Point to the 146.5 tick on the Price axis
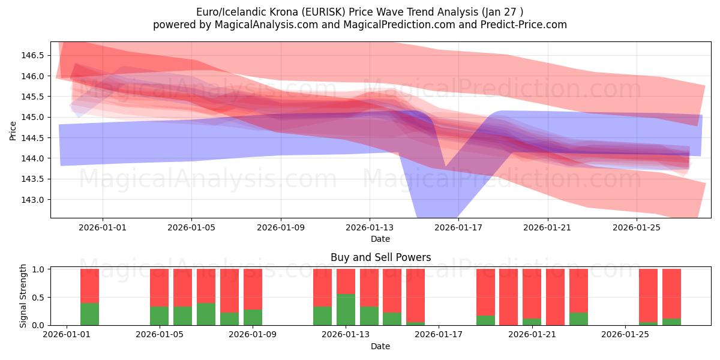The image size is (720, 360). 35,55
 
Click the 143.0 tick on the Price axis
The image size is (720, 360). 35,200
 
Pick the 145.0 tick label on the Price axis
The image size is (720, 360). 35,117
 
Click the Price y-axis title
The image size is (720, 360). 13,130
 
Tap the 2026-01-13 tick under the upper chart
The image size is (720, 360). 370,227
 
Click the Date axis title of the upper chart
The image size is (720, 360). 380,239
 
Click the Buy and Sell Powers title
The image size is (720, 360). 380,257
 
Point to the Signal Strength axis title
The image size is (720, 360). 23,296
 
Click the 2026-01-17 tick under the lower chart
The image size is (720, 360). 439,335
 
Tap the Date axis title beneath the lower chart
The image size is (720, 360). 380,346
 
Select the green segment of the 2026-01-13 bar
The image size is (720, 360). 346,310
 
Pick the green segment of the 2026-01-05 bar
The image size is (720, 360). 159,316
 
